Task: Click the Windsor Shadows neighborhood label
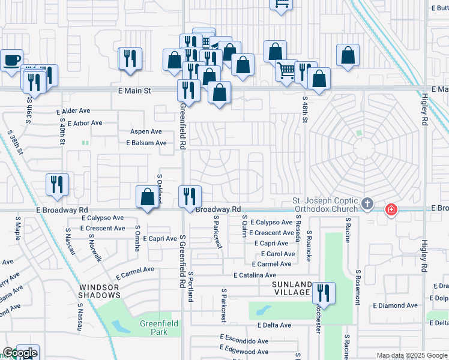click(100, 291)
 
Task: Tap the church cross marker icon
click(367, 205)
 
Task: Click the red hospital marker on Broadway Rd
click(391, 209)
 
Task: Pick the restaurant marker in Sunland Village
click(324, 293)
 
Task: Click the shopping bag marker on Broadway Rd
click(148, 197)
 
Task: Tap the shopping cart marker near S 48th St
click(286, 71)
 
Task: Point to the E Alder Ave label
click(73, 112)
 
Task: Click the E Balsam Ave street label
click(146, 143)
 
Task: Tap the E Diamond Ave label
click(395, 305)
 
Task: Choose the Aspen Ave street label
click(146, 131)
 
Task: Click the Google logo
click(19, 353)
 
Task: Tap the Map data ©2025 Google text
click(412, 355)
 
